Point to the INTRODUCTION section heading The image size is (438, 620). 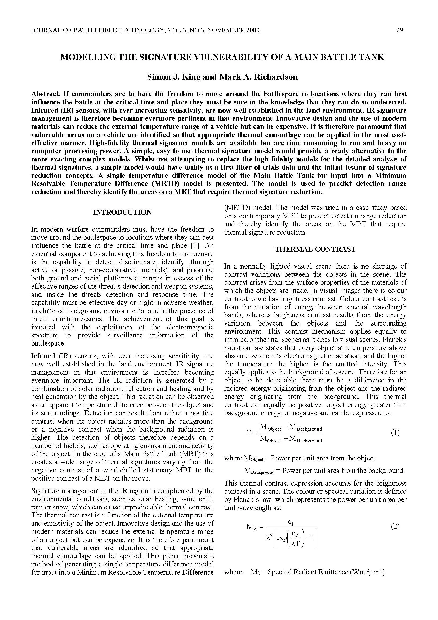coord(122,212)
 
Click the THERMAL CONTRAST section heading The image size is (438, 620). coord(315,249)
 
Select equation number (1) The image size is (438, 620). coord(395,433)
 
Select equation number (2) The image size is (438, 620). coord(395,526)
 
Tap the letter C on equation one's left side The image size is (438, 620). coord(249,433)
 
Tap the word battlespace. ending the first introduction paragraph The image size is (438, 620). coord(48,344)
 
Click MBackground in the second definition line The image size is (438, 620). coord(259,471)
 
